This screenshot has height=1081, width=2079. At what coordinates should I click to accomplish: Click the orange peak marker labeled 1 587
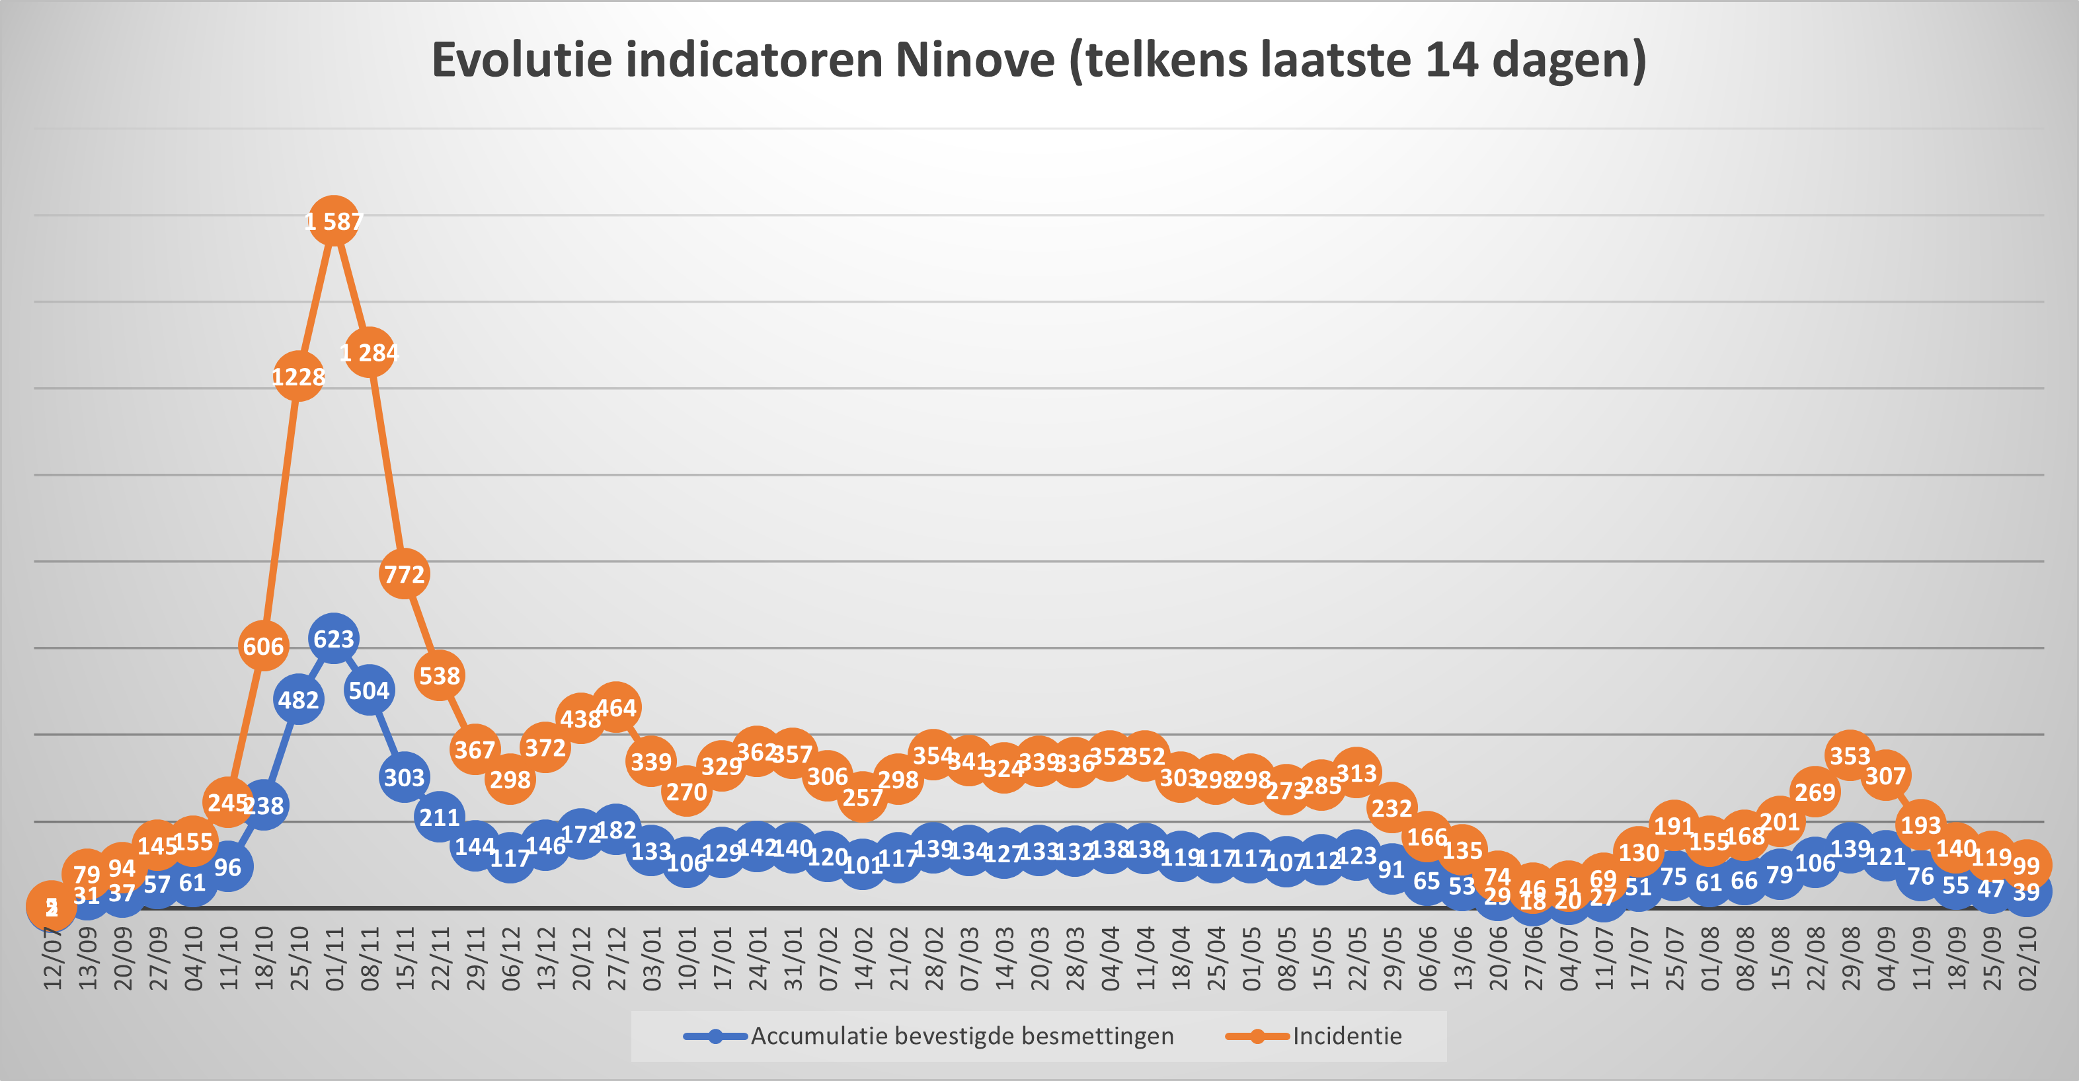click(333, 221)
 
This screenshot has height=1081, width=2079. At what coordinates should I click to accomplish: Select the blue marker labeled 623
click(333, 639)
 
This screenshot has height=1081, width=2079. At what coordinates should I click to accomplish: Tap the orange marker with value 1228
click(299, 377)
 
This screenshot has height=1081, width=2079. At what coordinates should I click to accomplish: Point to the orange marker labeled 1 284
click(369, 353)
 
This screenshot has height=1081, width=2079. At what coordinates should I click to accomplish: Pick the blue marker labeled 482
click(299, 700)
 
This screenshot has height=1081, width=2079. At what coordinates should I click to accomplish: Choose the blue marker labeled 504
click(369, 690)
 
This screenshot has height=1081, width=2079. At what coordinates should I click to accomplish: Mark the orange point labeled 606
click(263, 646)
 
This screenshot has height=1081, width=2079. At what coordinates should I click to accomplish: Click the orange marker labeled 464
click(616, 708)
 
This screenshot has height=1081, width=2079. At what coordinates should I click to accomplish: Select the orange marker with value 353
click(1850, 755)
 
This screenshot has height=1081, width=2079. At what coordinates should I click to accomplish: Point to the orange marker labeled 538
click(439, 675)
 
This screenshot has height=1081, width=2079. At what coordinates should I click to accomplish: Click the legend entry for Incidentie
click(1346, 1036)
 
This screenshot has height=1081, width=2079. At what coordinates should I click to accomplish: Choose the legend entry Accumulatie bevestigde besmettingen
click(961, 1036)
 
